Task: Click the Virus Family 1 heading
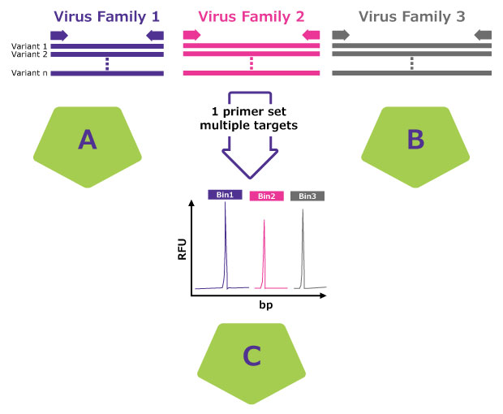click(x=107, y=15)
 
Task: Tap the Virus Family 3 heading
click(x=411, y=15)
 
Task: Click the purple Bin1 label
click(x=225, y=196)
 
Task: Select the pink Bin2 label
click(x=266, y=196)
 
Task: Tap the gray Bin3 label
click(x=307, y=196)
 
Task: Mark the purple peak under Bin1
click(x=226, y=244)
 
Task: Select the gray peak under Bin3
click(x=304, y=248)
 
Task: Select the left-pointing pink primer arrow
click(x=312, y=35)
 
